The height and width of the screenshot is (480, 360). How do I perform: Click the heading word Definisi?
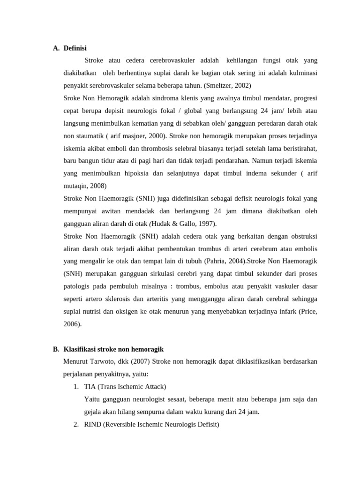[x=75, y=48]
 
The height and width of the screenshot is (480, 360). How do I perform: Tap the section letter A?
[x=56, y=48]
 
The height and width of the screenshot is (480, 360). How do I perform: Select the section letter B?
[x=56, y=349]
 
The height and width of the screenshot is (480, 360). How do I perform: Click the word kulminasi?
[x=302, y=73]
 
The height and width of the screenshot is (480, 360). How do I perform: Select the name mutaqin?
[x=75, y=186]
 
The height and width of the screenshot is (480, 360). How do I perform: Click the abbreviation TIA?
[x=90, y=387]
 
